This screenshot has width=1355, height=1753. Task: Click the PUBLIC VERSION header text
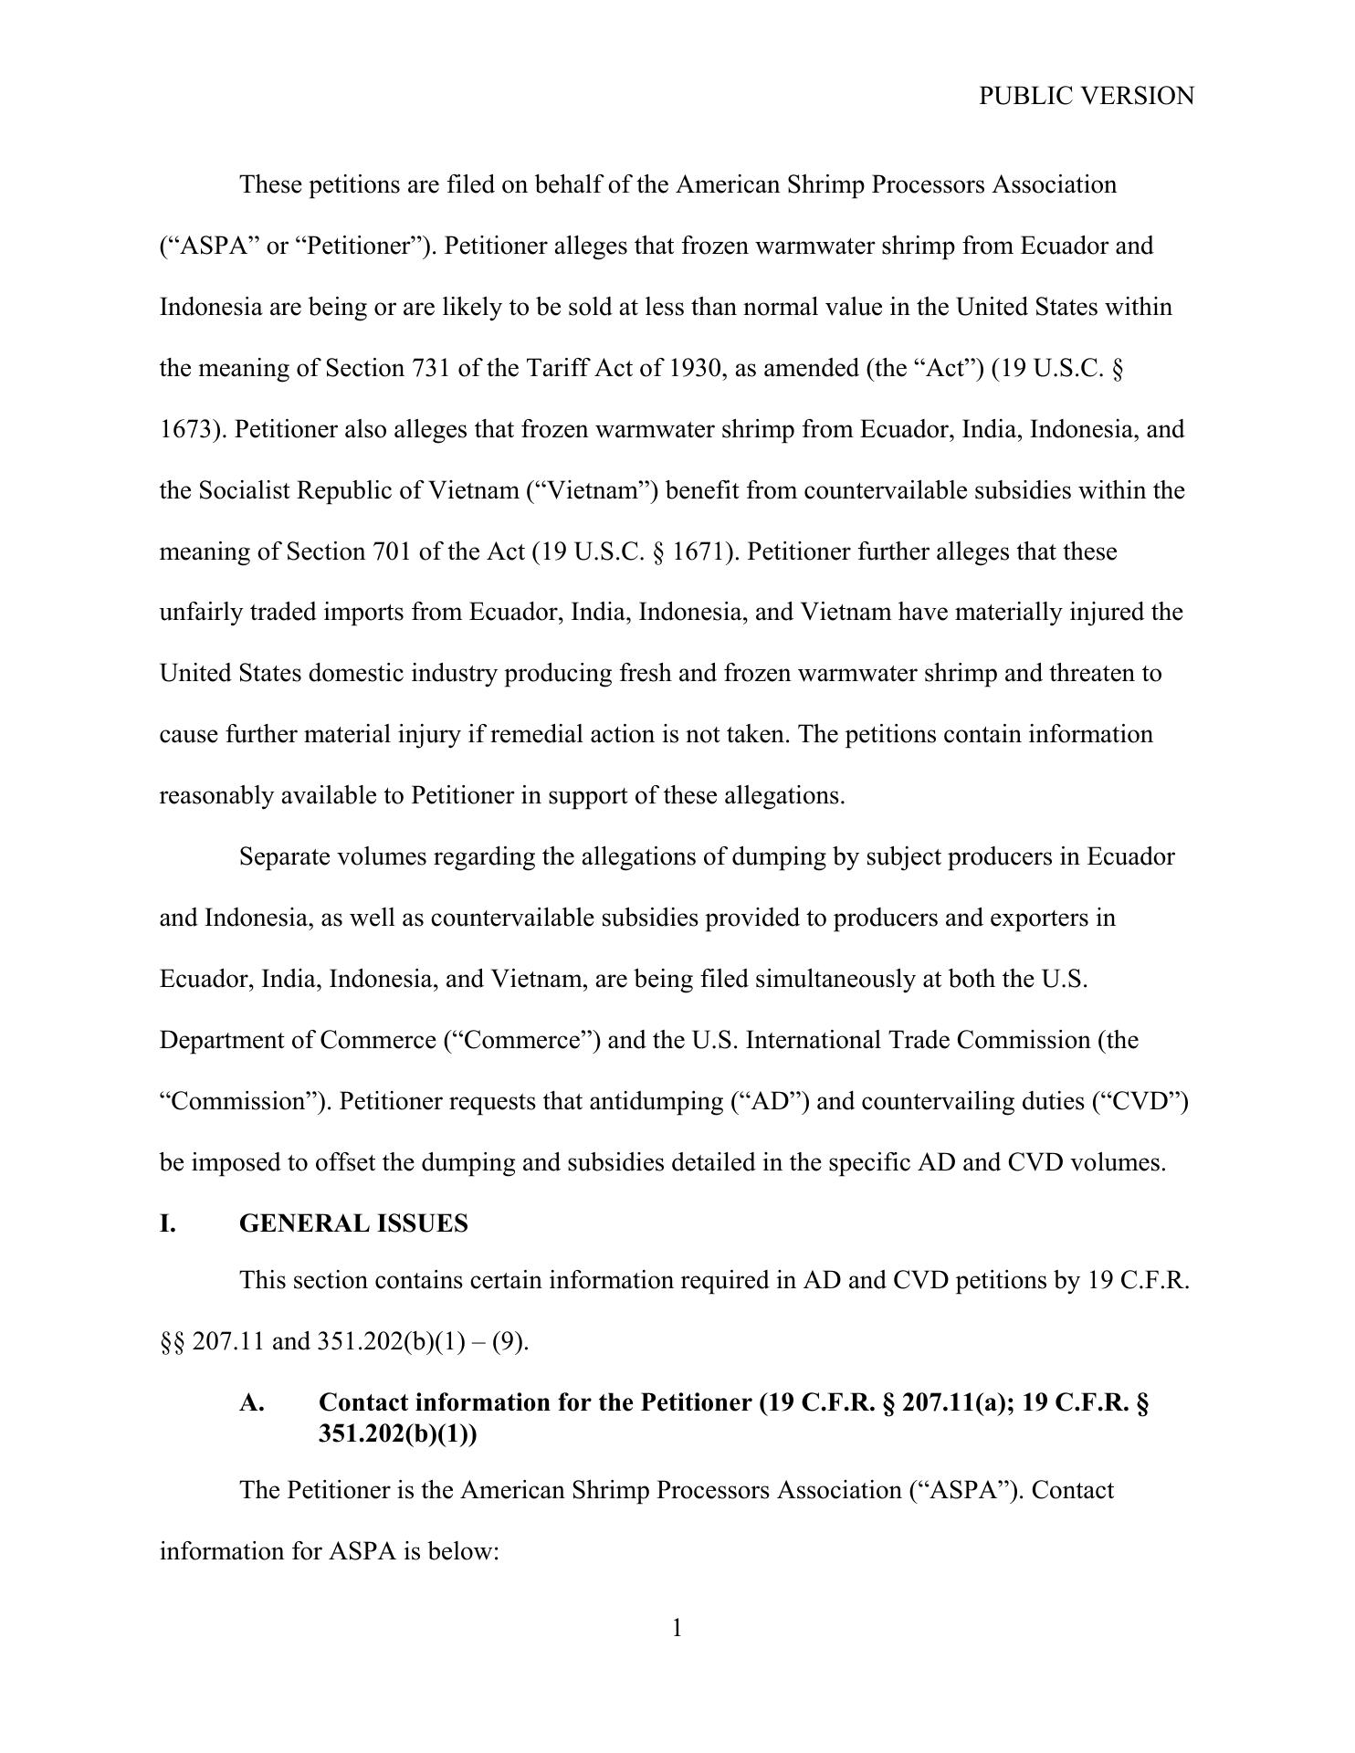(1086, 96)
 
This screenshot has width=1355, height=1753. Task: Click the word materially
(1008, 612)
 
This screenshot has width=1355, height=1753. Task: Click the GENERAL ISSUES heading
(353, 1223)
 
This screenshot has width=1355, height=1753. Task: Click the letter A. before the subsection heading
(252, 1402)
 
